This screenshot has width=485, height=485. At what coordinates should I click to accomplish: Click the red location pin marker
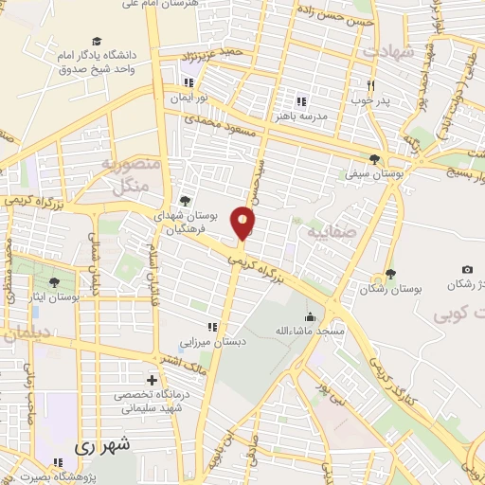[x=243, y=224]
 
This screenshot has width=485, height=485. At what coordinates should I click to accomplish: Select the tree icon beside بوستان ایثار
[x=54, y=281]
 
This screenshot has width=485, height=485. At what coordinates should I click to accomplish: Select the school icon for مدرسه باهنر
[x=301, y=100]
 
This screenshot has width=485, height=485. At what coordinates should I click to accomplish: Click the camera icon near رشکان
[x=467, y=269]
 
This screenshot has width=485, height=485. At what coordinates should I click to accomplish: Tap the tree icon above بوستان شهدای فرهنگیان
[x=184, y=201]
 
